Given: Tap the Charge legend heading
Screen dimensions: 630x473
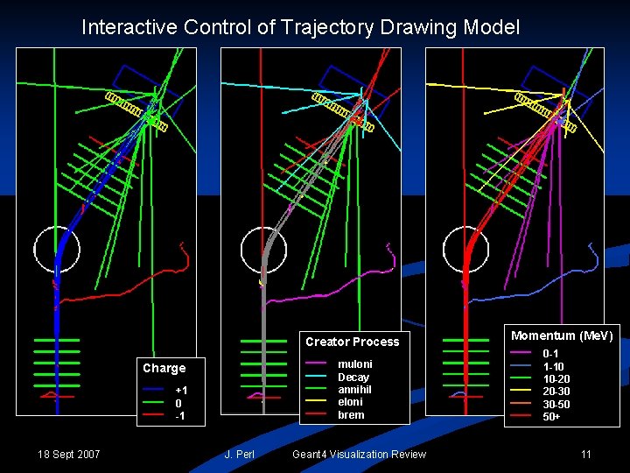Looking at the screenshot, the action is click(x=164, y=368).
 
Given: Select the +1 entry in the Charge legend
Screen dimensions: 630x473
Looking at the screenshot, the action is click(x=181, y=390).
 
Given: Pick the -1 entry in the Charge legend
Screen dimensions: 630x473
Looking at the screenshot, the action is click(x=179, y=415).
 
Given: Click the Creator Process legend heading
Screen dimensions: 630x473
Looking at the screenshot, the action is click(x=352, y=342).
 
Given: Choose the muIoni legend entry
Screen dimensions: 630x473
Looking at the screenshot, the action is click(x=354, y=364).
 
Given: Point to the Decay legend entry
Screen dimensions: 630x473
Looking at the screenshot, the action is click(x=353, y=377).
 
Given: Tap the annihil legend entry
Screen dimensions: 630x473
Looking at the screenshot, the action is click(x=354, y=390).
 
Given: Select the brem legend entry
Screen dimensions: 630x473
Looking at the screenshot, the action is click(x=351, y=415).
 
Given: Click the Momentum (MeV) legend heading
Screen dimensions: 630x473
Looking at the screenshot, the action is click(x=563, y=335).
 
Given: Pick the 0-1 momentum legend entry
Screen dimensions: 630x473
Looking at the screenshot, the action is click(x=550, y=353).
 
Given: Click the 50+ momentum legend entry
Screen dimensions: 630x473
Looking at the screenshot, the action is click(x=551, y=417).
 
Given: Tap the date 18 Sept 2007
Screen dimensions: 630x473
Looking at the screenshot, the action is click(x=69, y=454).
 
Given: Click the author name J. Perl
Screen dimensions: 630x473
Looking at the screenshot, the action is click(x=239, y=454).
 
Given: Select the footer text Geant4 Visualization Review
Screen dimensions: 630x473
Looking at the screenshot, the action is click(x=359, y=454).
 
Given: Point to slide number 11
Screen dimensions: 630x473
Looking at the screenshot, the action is click(x=586, y=454).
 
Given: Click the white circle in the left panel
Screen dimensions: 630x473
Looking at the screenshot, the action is click(x=57, y=250).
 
